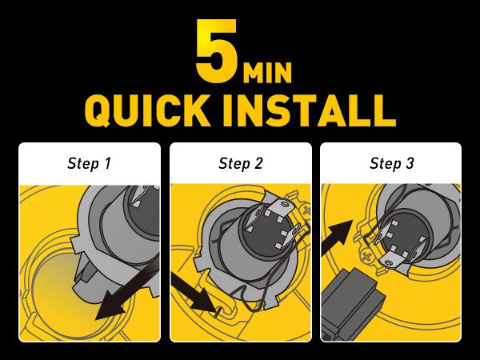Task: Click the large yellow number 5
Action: [217, 50]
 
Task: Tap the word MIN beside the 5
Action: [267, 73]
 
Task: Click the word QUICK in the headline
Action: [148, 110]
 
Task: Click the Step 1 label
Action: [89, 163]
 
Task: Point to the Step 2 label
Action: [241, 163]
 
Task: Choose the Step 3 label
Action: [392, 163]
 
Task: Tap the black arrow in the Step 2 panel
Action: [195, 294]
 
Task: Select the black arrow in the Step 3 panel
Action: [337, 238]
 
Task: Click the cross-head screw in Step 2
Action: [306, 210]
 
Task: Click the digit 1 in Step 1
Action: [107, 163]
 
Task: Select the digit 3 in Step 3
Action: [410, 163]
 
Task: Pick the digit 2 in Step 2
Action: [258, 163]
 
